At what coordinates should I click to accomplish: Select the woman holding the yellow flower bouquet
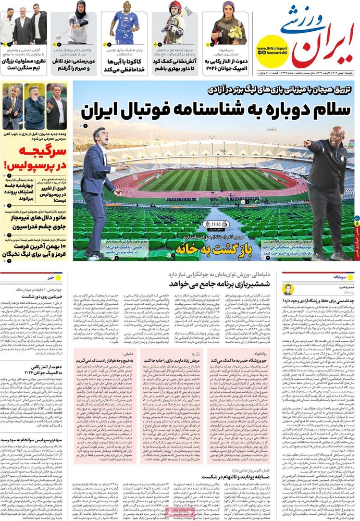[x=229, y=26]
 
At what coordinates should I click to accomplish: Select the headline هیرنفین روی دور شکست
[x=34, y=296]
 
